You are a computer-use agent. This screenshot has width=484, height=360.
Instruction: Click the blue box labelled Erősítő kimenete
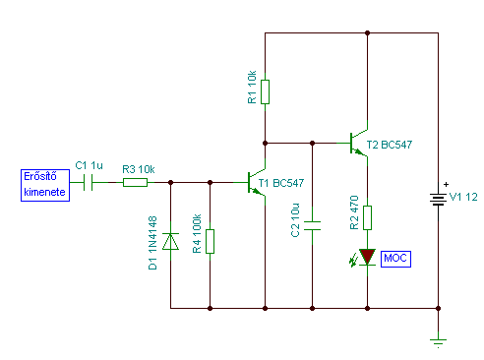click(x=45, y=185)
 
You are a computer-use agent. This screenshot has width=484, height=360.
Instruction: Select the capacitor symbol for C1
click(x=88, y=182)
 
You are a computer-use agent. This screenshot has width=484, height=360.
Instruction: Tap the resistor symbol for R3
click(x=135, y=182)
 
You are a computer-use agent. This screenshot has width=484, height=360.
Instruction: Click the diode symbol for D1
click(x=170, y=241)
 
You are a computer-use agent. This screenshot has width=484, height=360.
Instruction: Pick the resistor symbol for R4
click(x=210, y=241)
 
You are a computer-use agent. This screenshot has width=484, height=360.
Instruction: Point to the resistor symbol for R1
click(x=265, y=91)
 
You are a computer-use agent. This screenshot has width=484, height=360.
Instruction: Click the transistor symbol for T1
click(x=257, y=182)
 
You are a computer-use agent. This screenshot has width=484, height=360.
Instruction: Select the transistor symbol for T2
click(x=359, y=143)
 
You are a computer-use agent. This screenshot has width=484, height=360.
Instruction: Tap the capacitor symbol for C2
click(x=312, y=225)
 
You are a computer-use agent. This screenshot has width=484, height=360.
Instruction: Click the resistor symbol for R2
click(x=367, y=217)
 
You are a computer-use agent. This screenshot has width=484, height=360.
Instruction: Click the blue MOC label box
click(x=395, y=259)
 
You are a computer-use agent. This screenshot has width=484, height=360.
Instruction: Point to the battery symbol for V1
click(x=438, y=200)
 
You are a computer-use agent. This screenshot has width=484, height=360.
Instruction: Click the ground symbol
click(x=438, y=343)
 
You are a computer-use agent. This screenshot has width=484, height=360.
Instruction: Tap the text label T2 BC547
click(x=390, y=145)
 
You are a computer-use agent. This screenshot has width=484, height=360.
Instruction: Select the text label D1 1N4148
click(x=152, y=243)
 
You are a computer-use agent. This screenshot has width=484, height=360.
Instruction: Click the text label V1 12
click(x=463, y=197)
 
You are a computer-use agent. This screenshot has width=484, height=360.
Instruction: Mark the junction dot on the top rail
click(x=367, y=32)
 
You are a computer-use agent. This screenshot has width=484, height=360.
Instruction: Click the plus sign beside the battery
click(x=446, y=185)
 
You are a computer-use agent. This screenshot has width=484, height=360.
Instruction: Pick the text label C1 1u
click(x=89, y=165)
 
